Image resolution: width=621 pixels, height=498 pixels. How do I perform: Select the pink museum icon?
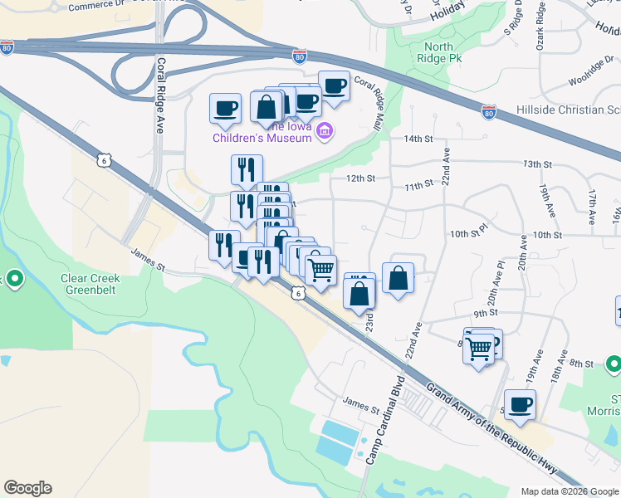pos(324,130)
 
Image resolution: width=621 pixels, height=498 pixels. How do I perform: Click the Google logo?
pos(27,488)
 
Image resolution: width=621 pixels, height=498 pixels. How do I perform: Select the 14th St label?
pos(413,139)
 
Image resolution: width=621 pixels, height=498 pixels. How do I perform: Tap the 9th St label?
pos(485,313)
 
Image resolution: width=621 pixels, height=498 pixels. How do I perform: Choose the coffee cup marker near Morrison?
pos(520,405)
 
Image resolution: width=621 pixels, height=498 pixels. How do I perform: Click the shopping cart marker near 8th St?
pos(478,349)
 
